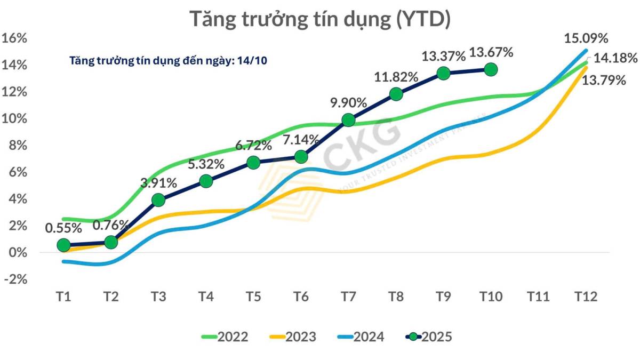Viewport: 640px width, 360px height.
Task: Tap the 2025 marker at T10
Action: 491,69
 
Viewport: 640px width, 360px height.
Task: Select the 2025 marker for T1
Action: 63,245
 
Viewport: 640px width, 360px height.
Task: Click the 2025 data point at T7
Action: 348,120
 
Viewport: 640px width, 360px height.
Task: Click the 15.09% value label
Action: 586,38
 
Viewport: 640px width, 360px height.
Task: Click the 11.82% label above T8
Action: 396,77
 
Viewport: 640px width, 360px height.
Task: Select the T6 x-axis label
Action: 300,297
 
